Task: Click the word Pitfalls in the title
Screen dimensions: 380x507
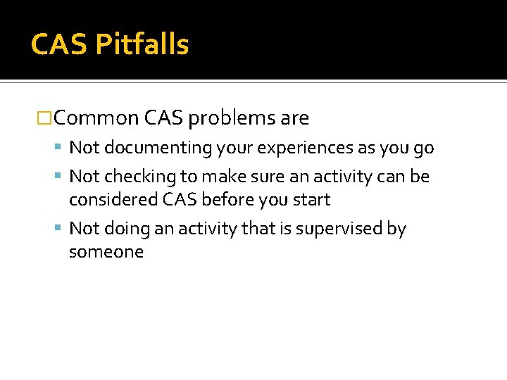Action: click(142, 45)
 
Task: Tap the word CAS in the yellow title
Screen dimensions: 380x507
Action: click(59, 45)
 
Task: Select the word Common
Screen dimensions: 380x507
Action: click(96, 118)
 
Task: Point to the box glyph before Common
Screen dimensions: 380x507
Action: click(44, 118)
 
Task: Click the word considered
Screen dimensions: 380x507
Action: click(113, 200)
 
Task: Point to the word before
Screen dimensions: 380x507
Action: click(227, 200)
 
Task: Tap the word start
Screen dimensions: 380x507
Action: click(310, 200)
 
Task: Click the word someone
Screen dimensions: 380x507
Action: click(106, 252)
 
